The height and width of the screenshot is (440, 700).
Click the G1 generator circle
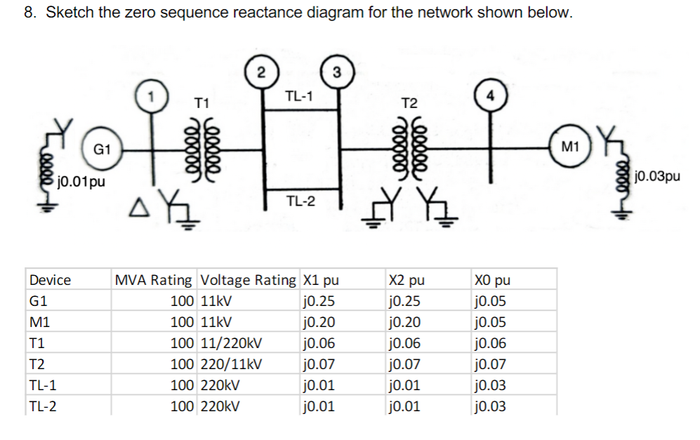coord(102,149)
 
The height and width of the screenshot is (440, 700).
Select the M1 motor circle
coord(570,147)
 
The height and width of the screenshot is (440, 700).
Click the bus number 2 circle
coord(260,72)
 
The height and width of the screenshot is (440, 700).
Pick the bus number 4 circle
coord(489,95)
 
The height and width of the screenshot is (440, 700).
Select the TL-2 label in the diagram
coord(300,202)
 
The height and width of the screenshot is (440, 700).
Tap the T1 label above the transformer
coord(202,104)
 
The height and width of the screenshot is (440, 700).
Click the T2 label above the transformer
coord(409,104)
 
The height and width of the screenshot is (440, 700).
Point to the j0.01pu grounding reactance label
coord(82,183)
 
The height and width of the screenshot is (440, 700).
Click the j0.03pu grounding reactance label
coord(656,176)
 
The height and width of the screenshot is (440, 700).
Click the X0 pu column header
coord(492,280)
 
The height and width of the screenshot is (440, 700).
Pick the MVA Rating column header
coord(153,280)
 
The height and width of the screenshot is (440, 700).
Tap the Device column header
coord(50,280)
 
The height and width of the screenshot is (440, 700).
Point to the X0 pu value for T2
coord(490,364)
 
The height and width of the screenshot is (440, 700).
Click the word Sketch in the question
coord(69,13)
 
